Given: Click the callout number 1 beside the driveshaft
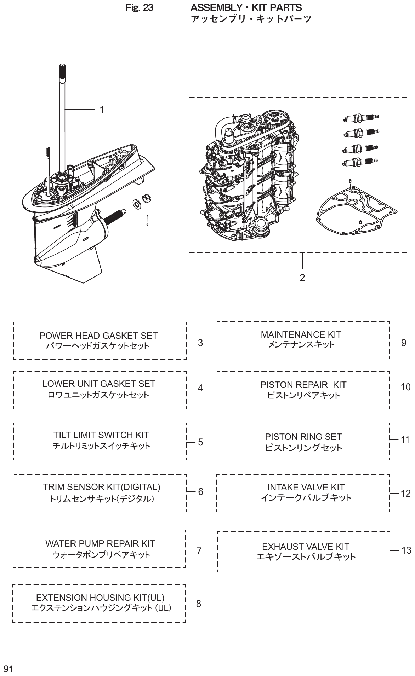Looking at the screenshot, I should pyautogui.click(x=102, y=110).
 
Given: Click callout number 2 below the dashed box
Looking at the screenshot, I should pyautogui.click(x=302, y=278).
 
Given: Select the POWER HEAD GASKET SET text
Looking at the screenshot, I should pyautogui.click(x=98, y=336).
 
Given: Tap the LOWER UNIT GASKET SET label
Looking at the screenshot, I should pyautogui.click(x=99, y=384).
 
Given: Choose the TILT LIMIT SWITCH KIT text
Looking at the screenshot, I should pyautogui.click(x=101, y=435).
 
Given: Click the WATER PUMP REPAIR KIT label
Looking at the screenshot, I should pyautogui.click(x=100, y=543).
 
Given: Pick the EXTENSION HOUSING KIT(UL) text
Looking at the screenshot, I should pyautogui.click(x=100, y=598).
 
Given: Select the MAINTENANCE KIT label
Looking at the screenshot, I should pyautogui.click(x=301, y=334).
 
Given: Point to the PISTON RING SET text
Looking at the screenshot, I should pyautogui.click(x=303, y=437).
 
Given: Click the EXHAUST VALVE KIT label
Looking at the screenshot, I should pyautogui.click(x=306, y=547).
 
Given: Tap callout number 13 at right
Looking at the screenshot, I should pyautogui.click(x=406, y=550).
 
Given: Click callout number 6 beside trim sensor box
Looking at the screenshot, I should pyautogui.click(x=200, y=492).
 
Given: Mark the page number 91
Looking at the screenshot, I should pyautogui.click(x=8, y=669).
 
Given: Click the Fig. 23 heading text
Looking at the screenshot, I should pyautogui.click(x=139, y=8).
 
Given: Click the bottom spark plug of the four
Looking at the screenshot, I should pyautogui.click(x=359, y=162).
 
